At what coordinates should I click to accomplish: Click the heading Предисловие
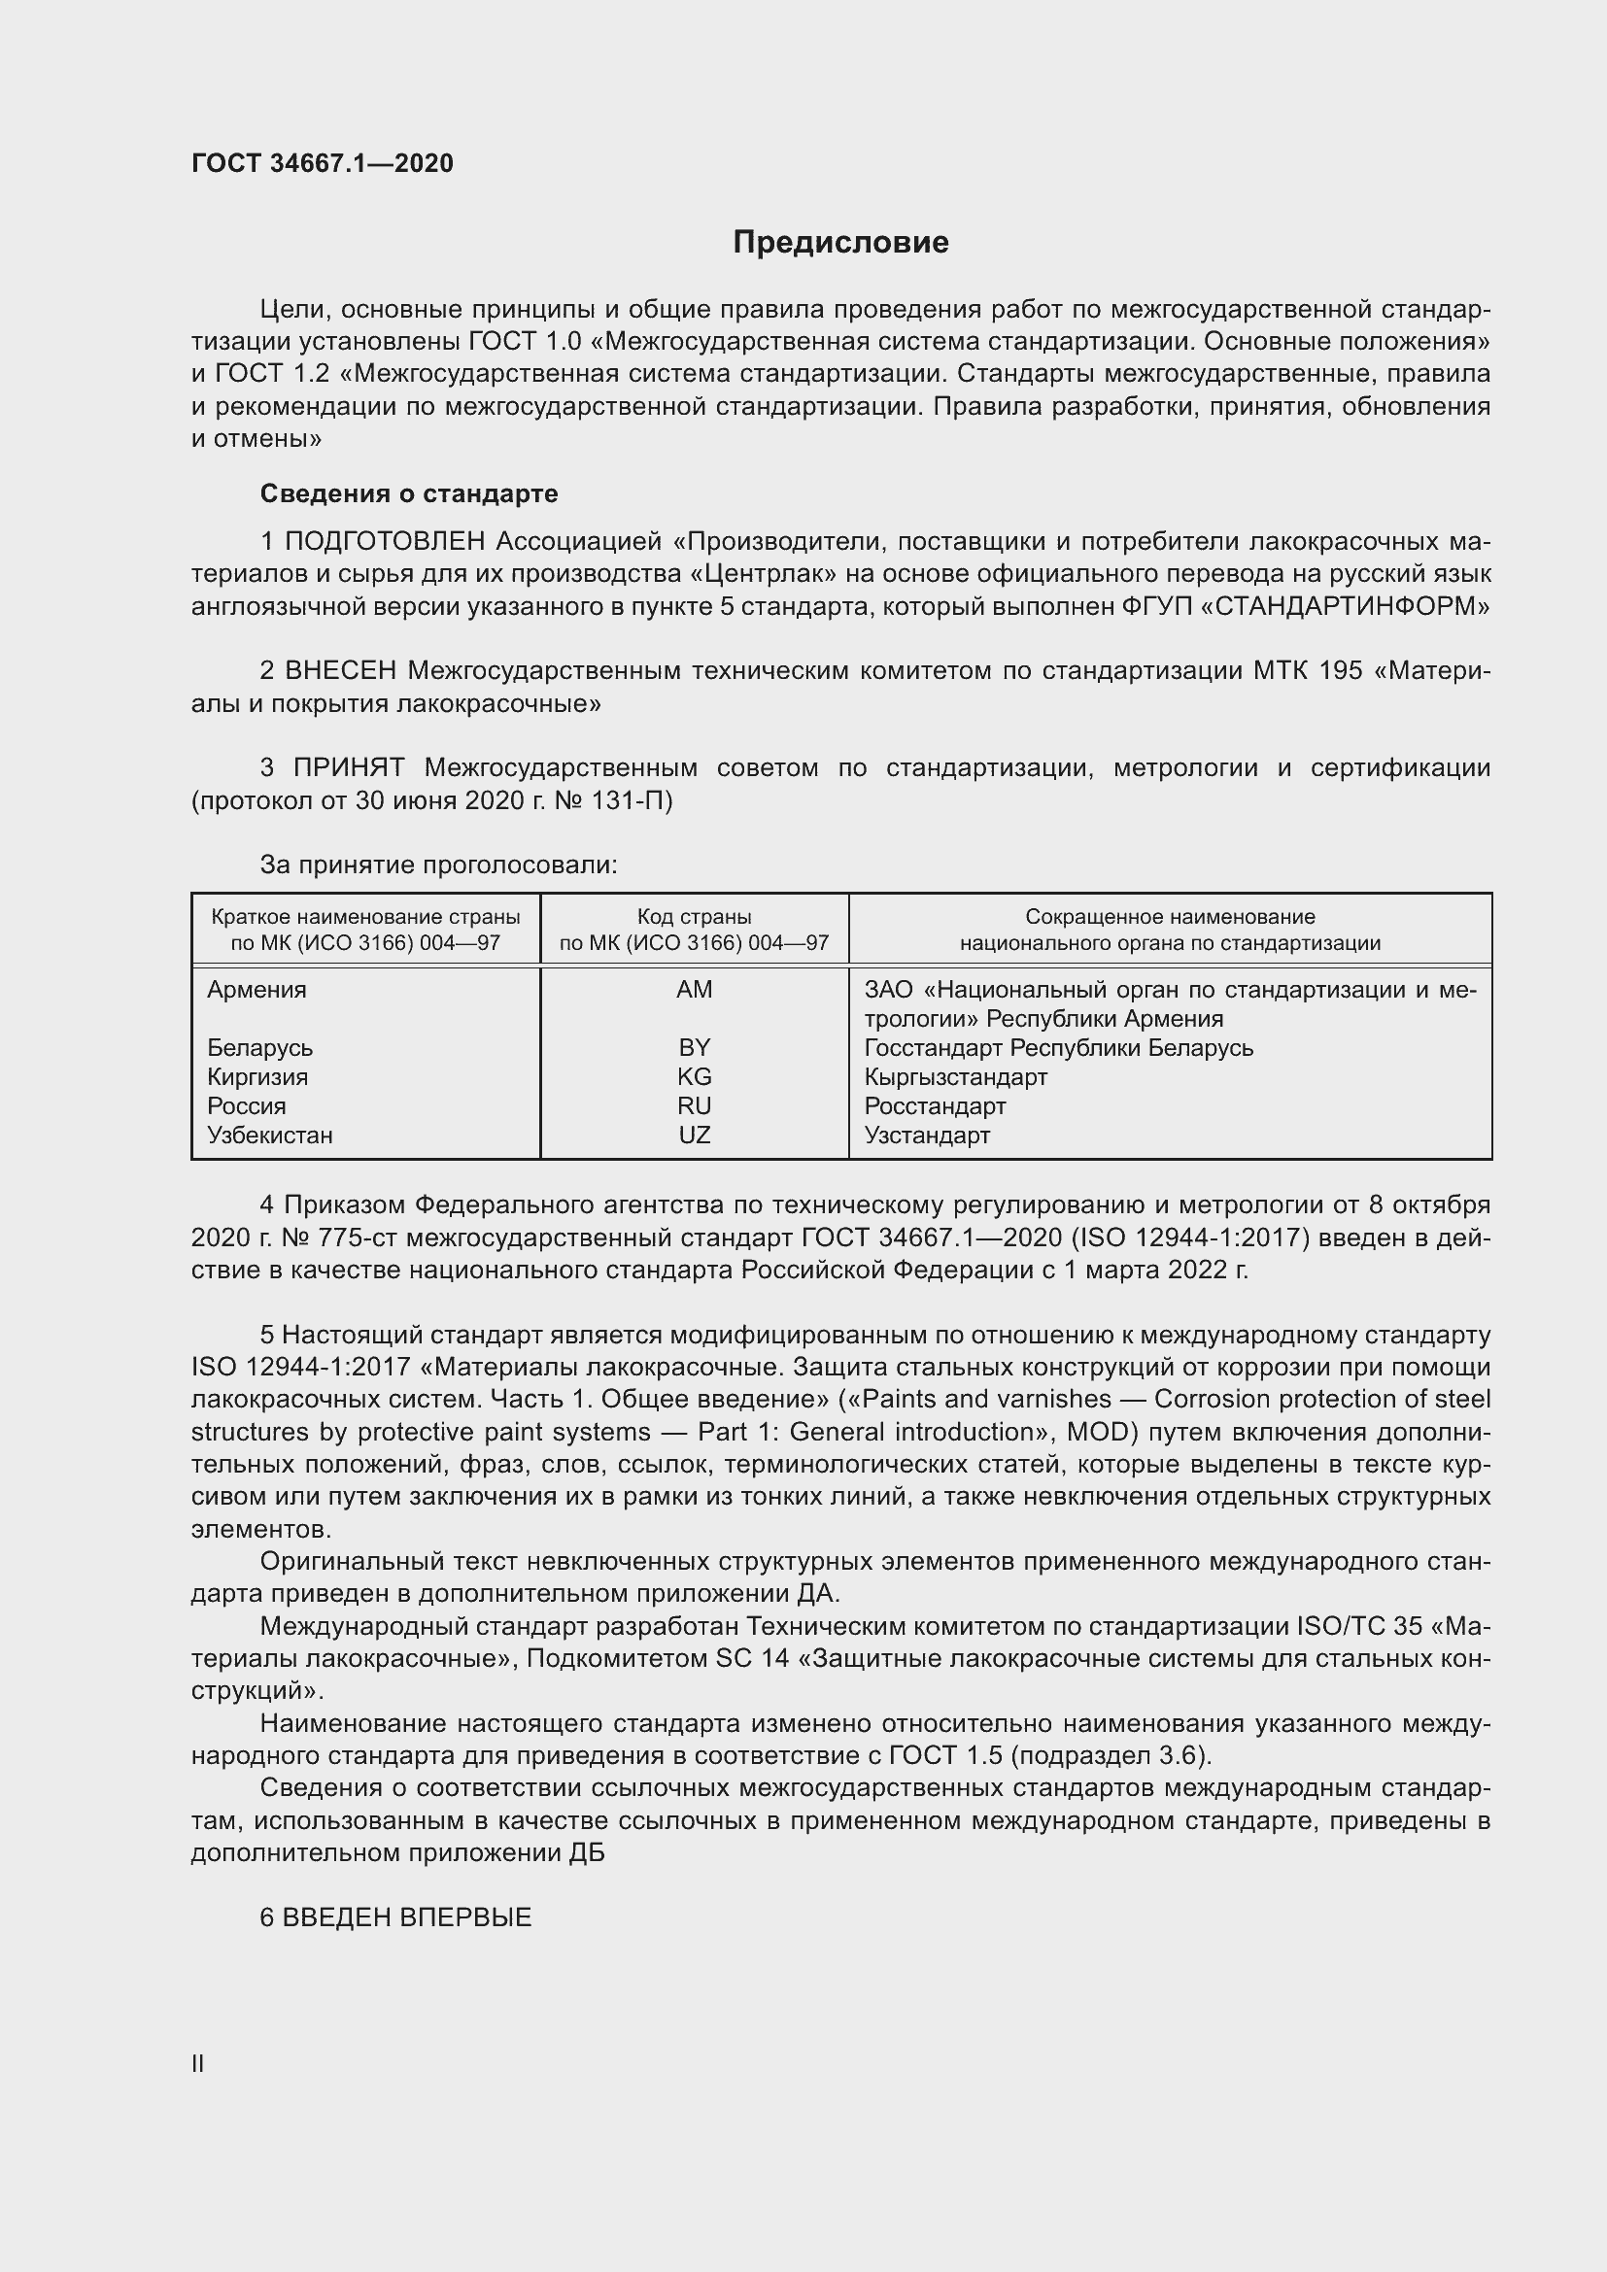[840, 243]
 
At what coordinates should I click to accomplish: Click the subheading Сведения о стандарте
[409, 492]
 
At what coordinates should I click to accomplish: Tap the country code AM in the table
[694, 990]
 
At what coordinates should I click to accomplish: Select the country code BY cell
[694, 1047]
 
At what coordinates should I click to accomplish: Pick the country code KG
[694, 1076]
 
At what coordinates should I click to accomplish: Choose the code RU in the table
[694, 1105]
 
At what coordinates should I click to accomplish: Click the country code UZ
[694, 1135]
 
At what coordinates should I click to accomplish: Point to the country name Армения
[256, 990]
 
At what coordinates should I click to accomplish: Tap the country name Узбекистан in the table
[269, 1135]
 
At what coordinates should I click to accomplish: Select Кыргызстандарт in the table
[955, 1076]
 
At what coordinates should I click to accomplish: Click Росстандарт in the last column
[934, 1105]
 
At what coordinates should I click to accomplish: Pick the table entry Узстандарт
[926, 1135]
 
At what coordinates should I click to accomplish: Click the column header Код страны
[694, 917]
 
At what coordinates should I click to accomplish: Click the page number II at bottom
[198, 2063]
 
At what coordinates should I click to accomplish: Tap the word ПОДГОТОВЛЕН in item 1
[385, 541]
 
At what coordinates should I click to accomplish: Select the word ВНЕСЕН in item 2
[340, 671]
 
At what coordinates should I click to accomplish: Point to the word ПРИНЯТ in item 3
[349, 768]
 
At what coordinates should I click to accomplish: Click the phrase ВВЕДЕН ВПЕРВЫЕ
[407, 1916]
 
